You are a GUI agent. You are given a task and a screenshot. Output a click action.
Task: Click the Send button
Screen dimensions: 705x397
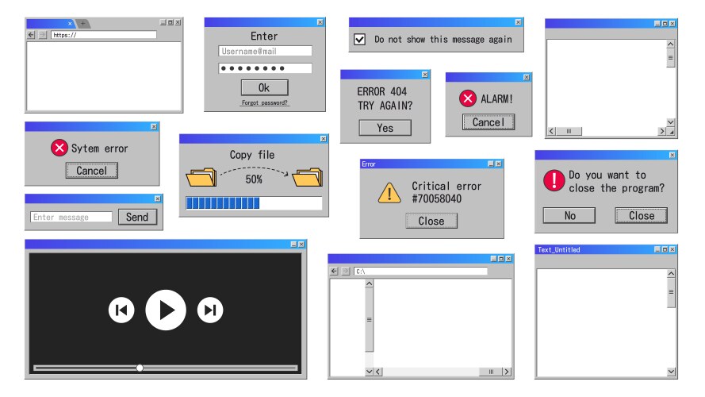click(137, 217)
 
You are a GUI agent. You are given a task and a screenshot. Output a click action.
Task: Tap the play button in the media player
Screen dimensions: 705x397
click(166, 310)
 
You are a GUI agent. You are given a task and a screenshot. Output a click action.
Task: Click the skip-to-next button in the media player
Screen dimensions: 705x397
click(210, 310)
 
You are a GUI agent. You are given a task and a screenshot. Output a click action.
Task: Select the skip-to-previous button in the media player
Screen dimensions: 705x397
click(121, 310)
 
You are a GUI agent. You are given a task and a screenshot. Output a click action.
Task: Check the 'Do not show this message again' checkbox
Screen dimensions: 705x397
click(359, 39)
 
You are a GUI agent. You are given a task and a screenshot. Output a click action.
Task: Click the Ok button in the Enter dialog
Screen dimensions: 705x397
click(264, 87)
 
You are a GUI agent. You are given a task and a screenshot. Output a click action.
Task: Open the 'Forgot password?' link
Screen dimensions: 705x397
click(264, 102)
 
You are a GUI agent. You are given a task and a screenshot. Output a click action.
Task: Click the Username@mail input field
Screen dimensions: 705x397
click(266, 52)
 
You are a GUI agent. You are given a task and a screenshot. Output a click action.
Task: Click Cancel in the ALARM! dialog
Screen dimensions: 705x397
click(489, 122)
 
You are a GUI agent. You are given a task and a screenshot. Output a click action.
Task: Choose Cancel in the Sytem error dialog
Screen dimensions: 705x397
click(92, 171)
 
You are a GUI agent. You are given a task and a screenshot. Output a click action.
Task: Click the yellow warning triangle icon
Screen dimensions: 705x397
click(389, 193)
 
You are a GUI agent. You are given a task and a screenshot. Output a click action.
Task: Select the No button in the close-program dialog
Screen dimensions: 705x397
click(569, 216)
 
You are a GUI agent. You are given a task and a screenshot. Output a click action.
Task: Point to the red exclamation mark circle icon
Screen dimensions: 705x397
click(554, 180)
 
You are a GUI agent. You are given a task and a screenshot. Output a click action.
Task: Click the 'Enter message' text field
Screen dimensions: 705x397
click(71, 217)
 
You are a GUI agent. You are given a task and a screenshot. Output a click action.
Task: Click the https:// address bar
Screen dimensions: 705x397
click(104, 35)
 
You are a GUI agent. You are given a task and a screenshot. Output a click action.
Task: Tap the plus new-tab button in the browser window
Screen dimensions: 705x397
click(82, 23)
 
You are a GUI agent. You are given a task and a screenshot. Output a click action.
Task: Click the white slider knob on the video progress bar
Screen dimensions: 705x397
click(140, 368)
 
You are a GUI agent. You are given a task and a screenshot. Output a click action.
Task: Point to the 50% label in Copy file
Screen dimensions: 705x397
click(254, 179)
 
